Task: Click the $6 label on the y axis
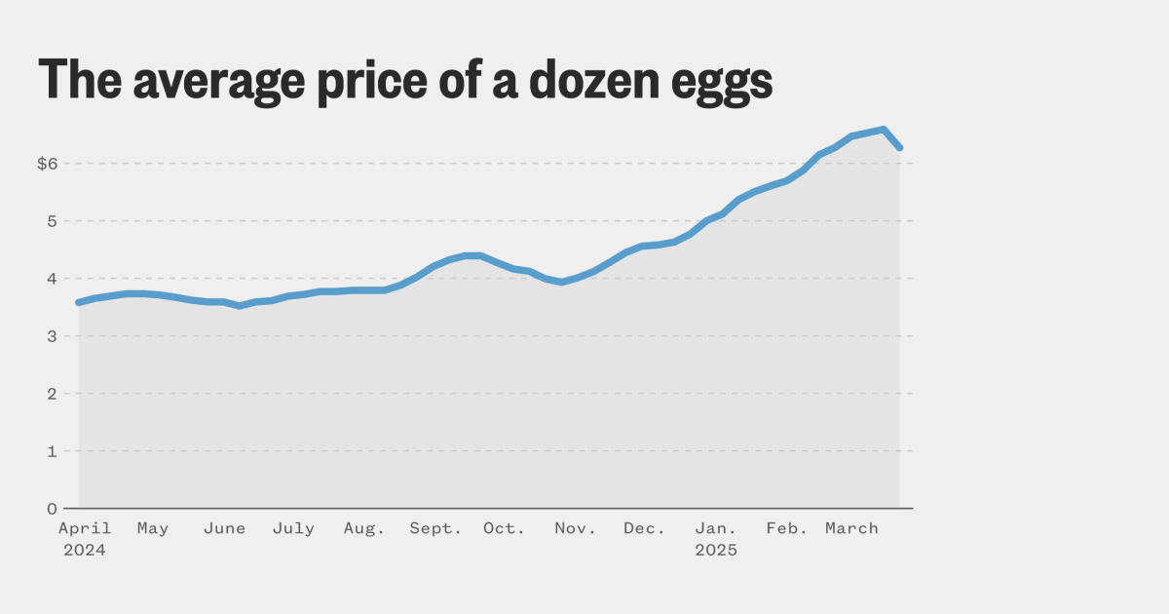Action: click(x=48, y=164)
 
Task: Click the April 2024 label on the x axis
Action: click(x=85, y=539)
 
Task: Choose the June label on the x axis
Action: click(x=224, y=528)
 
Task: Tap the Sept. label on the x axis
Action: click(x=435, y=528)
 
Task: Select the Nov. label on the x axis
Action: click(x=576, y=528)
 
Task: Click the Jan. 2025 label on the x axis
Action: click(x=716, y=539)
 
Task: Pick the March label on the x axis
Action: click(x=851, y=528)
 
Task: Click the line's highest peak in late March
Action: click(x=883, y=129)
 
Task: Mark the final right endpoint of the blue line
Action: click(x=899, y=147)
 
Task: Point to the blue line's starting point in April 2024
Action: click(x=79, y=302)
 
